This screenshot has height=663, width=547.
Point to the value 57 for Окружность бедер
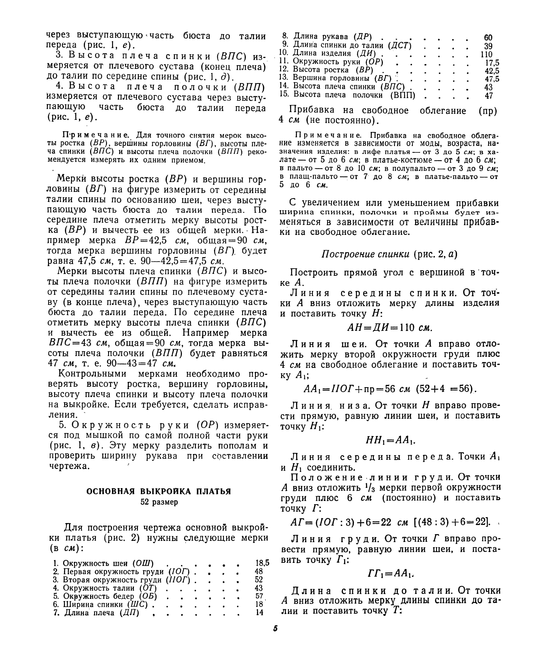[x=259, y=596]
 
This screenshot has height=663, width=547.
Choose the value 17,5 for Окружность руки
[x=492, y=63]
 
